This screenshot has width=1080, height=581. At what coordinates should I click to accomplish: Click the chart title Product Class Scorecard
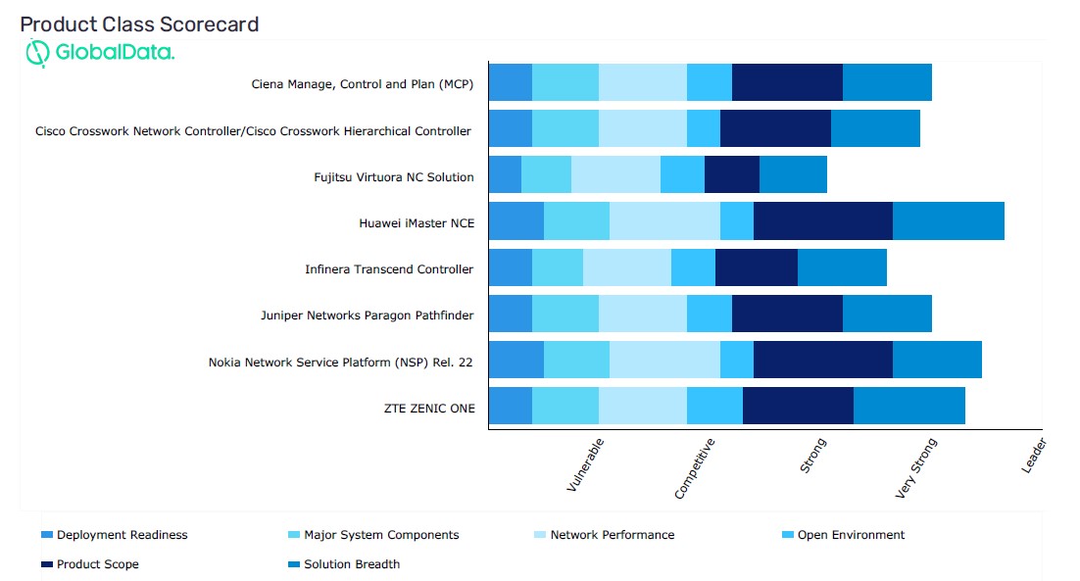pyautogui.click(x=139, y=24)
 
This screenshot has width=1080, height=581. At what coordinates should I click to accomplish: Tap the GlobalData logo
pyautogui.click(x=100, y=53)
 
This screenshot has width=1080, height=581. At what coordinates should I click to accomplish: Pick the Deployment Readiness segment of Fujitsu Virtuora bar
pyautogui.click(x=505, y=174)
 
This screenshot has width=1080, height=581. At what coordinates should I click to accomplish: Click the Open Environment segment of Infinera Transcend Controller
pyautogui.click(x=693, y=267)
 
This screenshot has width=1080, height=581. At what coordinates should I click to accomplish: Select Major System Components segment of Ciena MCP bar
pyautogui.click(x=565, y=82)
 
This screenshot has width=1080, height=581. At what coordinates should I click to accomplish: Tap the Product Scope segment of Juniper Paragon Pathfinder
pyautogui.click(x=787, y=314)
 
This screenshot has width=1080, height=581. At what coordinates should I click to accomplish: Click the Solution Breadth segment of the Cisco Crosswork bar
pyautogui.click(x=875, y=128)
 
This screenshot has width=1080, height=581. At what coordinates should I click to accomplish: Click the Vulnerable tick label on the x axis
pyautogui.click(x=585, y=464)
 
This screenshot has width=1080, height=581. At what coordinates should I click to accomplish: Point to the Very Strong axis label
pyautogui.click(x=916, y=468)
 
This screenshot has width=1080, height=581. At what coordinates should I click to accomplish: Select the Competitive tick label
pyautogui.click(x=695, y=468)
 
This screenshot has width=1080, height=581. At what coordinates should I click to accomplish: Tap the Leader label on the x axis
pyautogui.click(x=1034, y=456)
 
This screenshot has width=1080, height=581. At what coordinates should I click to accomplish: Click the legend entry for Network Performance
pyautogui.click(x=612, y=535)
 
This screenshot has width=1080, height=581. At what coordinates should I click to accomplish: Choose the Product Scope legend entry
pyautogui.click(x=97, y=564)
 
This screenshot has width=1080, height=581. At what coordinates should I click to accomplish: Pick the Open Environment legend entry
pyautogui.click(x=850, y=535)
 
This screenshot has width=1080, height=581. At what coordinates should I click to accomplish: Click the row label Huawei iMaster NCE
pyautogui.click(x=417, y=223)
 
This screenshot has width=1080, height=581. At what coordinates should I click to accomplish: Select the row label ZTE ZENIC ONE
pyautogui.click(x=429, y=409)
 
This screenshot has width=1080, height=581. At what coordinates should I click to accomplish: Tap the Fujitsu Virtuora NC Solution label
pyautogui.click(x=393, y=177)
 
